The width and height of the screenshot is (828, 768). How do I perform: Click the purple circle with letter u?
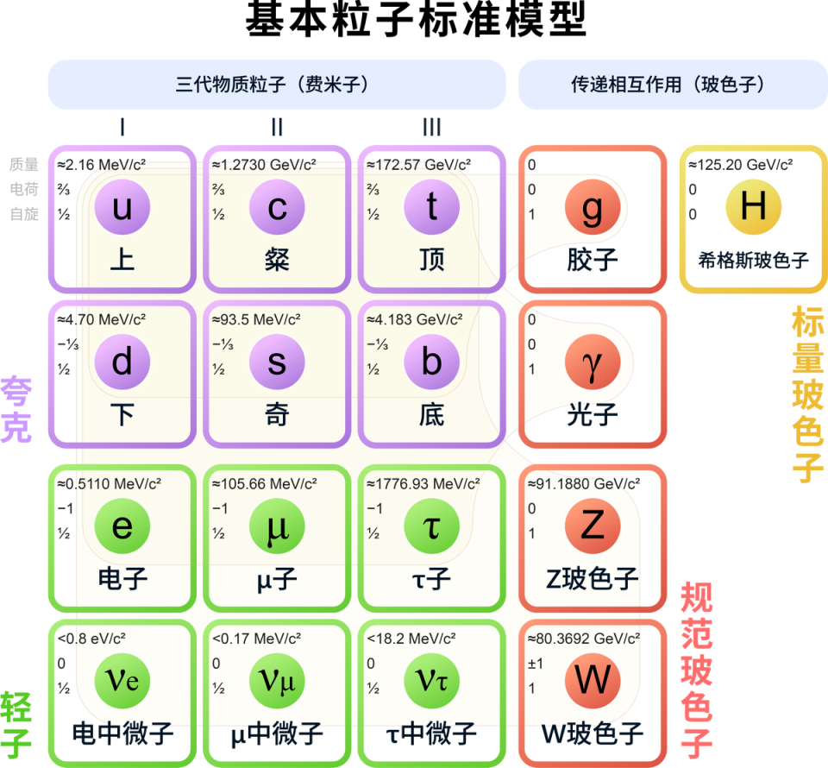pos(122,207)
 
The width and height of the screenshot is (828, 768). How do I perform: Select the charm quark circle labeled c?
pos(277,207)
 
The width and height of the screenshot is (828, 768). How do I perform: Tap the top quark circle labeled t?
pos(431,207)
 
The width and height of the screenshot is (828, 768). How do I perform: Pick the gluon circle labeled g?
pos(592,207)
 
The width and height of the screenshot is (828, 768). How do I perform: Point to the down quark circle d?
pos(122,362)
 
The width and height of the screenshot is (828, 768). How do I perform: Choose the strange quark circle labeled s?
pos(277,362)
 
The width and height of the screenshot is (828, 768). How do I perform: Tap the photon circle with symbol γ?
pos(592,362)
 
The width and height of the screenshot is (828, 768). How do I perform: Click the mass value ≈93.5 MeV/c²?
pos(256,319)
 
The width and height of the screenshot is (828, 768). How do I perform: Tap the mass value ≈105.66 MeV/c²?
pos(264,483)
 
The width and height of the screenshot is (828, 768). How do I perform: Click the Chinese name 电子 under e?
pos(122,578)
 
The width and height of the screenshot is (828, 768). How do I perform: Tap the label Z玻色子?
pos(592,579)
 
